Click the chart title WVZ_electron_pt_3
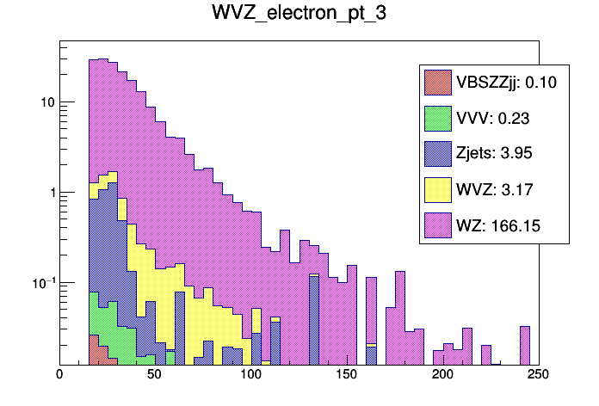(x=299, y=15)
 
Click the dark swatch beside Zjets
(x=438, y=154)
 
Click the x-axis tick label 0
(x=59, y=375)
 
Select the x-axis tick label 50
(x=155, y=375)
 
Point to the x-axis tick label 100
(x=251, y=375)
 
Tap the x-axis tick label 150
(x=347, y=375)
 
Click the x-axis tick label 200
(x=442, y=375)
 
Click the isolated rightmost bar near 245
(x=524, y=345)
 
